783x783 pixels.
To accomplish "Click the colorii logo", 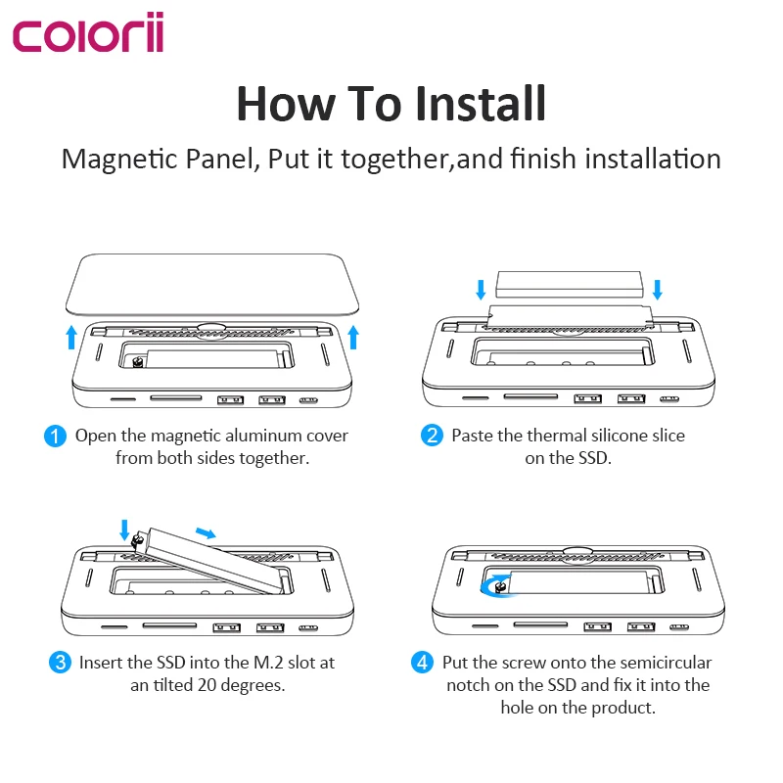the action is pos(88,32).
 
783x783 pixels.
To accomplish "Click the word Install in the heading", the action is pos(481,104).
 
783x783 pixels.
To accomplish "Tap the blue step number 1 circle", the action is pos(55,436).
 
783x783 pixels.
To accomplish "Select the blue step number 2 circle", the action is pos(432,435).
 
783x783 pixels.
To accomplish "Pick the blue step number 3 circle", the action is pos(60,663).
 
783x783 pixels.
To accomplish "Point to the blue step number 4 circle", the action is pos(423,663).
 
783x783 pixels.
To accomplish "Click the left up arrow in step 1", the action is pos(71,338).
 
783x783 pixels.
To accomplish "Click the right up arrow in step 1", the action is pos(353,337).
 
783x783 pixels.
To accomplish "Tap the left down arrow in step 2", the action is pos(481,290).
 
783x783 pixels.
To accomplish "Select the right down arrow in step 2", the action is pos(658,290).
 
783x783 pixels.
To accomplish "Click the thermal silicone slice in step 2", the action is pos(569,285).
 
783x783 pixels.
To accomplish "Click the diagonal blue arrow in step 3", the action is pos(206,533).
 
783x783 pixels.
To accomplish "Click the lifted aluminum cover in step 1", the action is pos(212,285).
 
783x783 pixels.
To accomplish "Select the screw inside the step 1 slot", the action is pos(138,361).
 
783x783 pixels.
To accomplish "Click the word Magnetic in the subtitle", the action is pos(119,160).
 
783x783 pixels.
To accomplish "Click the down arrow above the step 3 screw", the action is pos(124,530).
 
